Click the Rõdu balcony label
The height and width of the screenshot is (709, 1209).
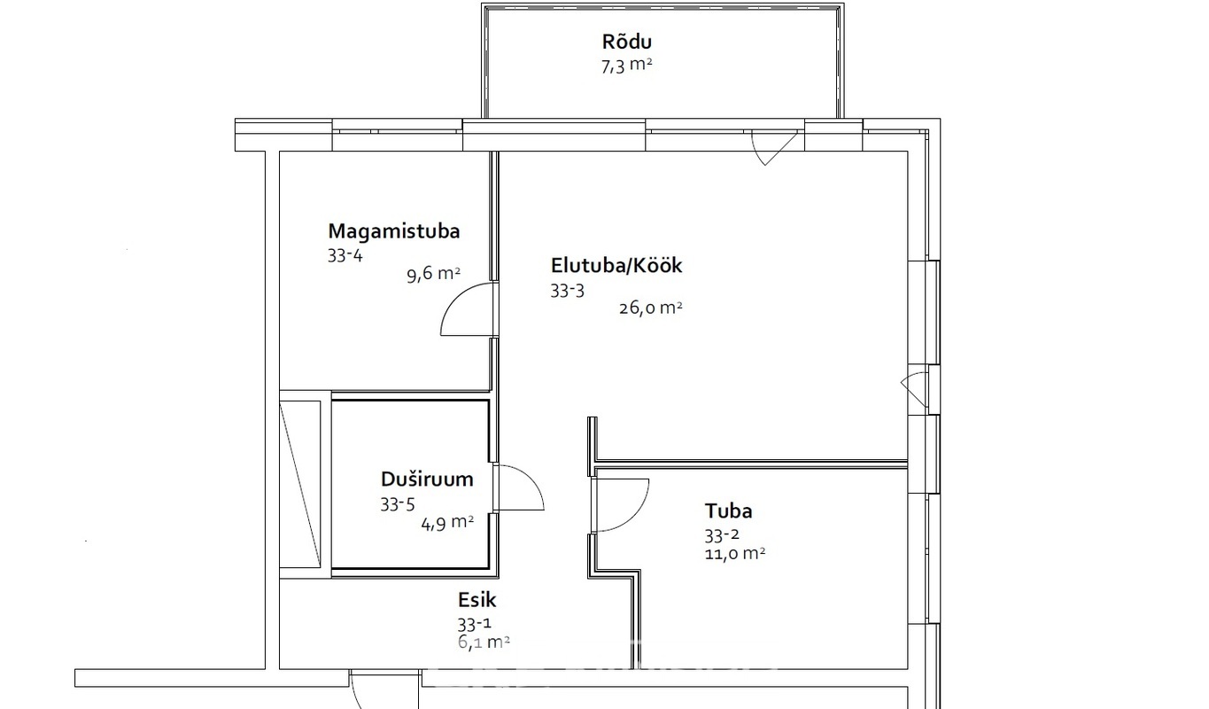(x=626, y=42)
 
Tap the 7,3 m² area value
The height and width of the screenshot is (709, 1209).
(x=626, y=66)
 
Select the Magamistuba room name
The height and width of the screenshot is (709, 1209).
(x=394, y=231)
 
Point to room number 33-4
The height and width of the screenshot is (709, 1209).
(x=345, y=255)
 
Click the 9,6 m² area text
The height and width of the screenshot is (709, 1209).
(x=433, y=274)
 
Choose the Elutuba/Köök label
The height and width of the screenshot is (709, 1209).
(x=616, y=266)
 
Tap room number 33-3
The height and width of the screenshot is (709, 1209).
(x=567, y=291)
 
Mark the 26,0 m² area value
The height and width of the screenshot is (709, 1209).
(x=650, y=308)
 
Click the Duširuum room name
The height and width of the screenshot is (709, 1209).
(x=427, y=479)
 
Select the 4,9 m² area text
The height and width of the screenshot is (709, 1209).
(x=447, y=523)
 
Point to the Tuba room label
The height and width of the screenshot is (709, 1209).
(x=728, y=510)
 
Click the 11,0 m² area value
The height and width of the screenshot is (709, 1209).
(x=734, y=554)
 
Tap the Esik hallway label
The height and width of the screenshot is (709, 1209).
(x=477, y=599)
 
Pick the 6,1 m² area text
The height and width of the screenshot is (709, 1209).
(x=484, y=642)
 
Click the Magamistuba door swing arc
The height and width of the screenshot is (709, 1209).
(x=453, y=302)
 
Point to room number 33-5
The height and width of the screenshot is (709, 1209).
(x=397, y=504)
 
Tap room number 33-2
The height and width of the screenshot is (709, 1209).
(x=722, y=535)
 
